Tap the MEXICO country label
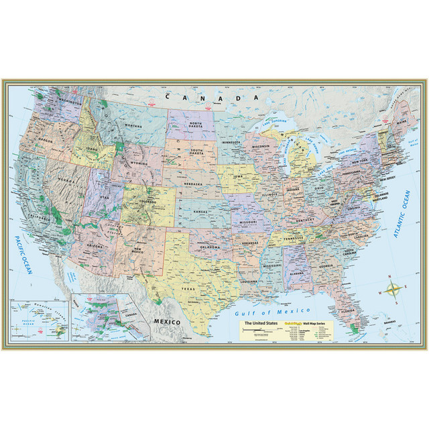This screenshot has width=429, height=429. click(x=166, y=322)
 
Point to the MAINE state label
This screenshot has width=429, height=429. click(x=402, y=122)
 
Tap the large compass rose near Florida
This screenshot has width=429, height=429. click(x=394, y=291)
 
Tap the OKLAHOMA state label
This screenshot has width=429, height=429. click(x=210, y=247)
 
